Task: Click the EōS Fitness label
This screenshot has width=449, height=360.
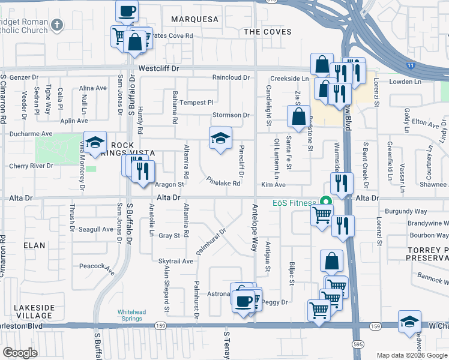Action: (x=295, y=203)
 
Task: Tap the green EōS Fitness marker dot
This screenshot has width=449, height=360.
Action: (x=327, y=202)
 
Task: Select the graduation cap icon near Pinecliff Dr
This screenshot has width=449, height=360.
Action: (x=220, y=139)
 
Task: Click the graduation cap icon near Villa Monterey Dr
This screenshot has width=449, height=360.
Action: (x=95, y=142)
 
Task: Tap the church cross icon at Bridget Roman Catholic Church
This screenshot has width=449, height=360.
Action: (x=57, y=25)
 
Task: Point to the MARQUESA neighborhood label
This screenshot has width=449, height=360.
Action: (x=194, y=19)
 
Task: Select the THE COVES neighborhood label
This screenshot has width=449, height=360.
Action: (x=268, y=32)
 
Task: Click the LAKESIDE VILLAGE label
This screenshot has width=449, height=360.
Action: (x=34, y=311)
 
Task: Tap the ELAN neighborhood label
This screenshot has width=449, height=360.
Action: (x=34, y=245)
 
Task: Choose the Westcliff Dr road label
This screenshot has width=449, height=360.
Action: (x=159, y=69)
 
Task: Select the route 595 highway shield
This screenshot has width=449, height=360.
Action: (x=357, y=341)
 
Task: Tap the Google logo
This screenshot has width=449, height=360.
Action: (x=20, y=353)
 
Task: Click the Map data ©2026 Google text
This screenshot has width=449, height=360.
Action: (x=412, y=355)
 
